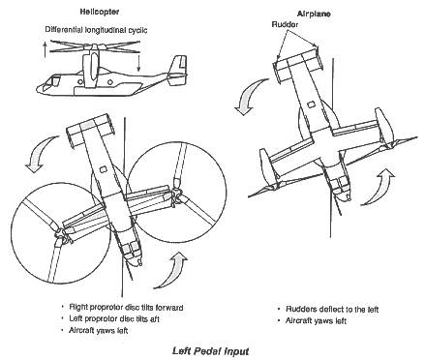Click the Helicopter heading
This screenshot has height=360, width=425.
click(100, 12)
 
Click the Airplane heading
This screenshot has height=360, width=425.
click(314, 14)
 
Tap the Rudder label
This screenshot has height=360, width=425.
click(285, 24)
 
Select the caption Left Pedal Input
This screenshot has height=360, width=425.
click(210, 351)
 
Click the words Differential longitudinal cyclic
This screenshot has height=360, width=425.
click(96, 30)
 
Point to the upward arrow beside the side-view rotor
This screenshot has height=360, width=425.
click(45, 49)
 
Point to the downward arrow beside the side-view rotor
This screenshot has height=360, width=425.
click(138, 63)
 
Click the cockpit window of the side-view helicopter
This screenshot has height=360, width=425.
click(51, 81)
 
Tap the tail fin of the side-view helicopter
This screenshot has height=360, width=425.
click(177, 70)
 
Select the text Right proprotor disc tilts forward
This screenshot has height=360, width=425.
click(126, 308)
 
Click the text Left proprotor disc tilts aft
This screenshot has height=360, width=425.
click(114, 319)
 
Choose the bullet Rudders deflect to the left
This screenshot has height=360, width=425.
click(332, 310)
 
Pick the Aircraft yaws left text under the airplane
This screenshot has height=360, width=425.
click(316, 321)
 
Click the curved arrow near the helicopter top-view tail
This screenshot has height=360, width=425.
click(38, 152)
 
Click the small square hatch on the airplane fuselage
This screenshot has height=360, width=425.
click(311, 105)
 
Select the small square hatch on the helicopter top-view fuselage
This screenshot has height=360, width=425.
click(103, 168)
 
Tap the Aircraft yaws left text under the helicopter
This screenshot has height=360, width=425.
click(99, 331)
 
